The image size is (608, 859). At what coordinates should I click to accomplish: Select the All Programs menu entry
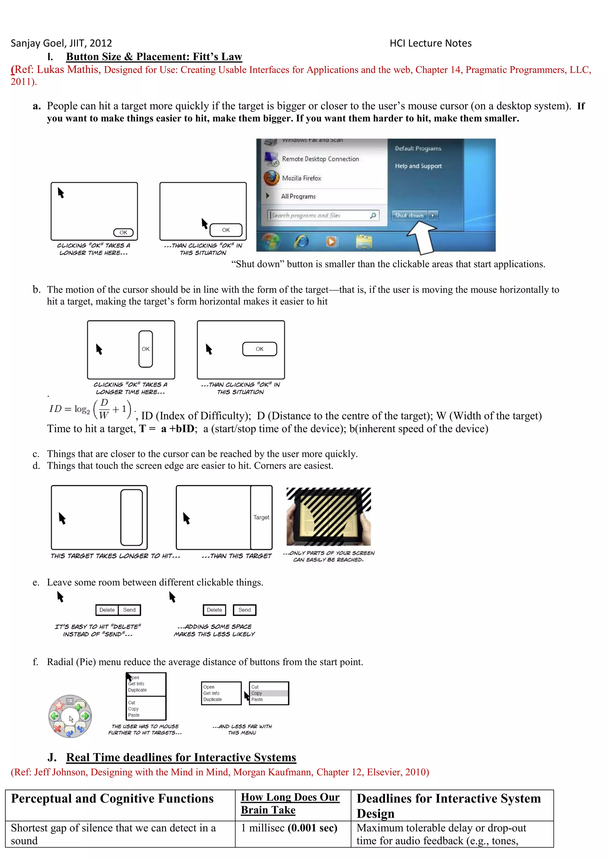(x=298, y=196)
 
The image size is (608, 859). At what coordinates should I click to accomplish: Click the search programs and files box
(x=322, y=216)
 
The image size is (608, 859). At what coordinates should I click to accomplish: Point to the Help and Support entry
(x=418, y=166)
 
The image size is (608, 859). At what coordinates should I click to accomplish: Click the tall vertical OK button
(x=146, y=349)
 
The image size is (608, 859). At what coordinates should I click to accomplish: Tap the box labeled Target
(x=261, y=517)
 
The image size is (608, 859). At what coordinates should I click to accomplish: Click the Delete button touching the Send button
(x=107, y=610)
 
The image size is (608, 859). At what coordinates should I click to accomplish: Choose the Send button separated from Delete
(x=244, y=610)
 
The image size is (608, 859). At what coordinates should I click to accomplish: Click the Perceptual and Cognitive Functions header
(x=112, y=798)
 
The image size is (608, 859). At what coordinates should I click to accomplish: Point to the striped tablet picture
(x=328, y=516)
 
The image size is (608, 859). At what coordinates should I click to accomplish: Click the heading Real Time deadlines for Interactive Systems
(x=181, y=757)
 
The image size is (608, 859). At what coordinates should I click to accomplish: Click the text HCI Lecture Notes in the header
(x=430, y=43)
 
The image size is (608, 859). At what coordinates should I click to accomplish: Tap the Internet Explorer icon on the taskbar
(x=301, y=241)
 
